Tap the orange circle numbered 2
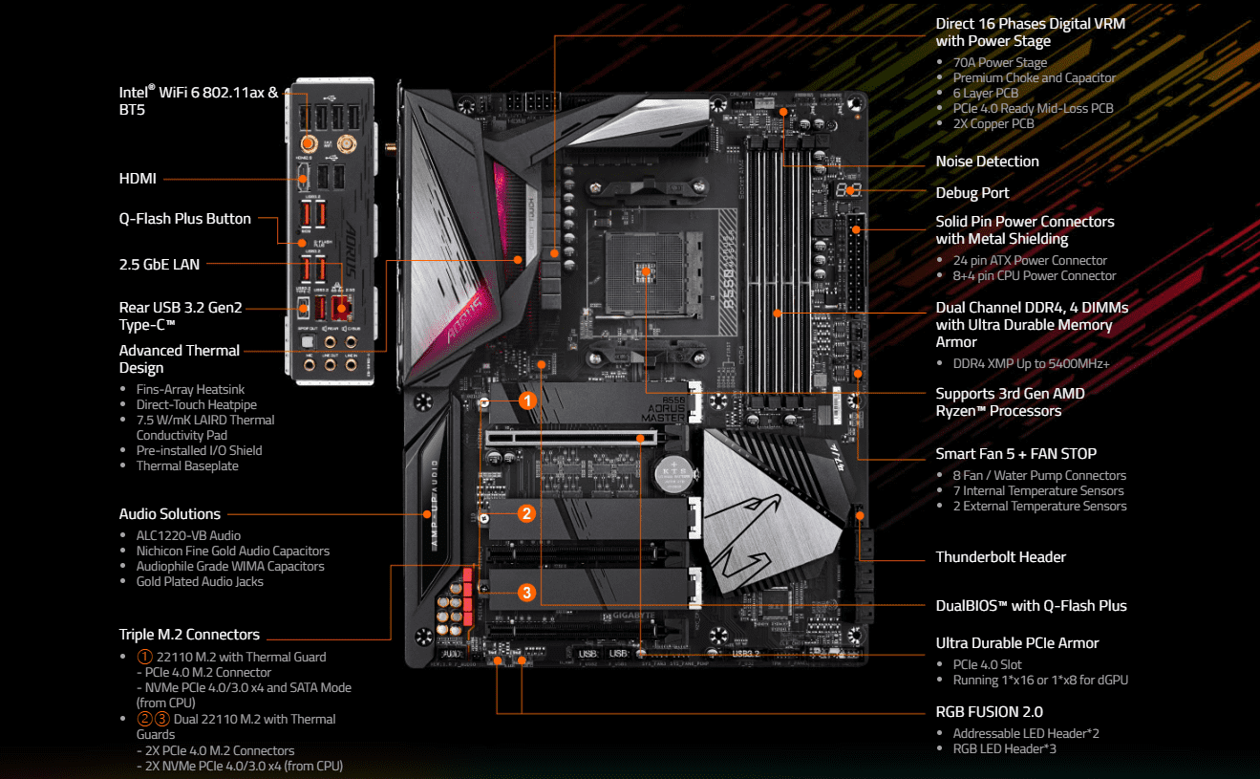[526, 513]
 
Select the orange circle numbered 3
[526, 593]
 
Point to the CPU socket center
[646, 272]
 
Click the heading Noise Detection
[987, 162]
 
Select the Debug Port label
[972, 193]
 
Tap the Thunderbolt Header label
[1000, 557]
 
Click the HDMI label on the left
[138, 179]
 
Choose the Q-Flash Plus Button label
[185, 219]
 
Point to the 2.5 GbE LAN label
[160, 264]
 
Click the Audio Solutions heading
[170, 514]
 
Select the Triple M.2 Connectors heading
[189, 635]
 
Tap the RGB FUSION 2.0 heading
[989, 712]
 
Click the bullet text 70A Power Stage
[999, 63]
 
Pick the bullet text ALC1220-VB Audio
[188, 536]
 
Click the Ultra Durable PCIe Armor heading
[1016, 643]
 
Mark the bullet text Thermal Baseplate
[187, 466]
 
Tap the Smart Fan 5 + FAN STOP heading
[1015, 454]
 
